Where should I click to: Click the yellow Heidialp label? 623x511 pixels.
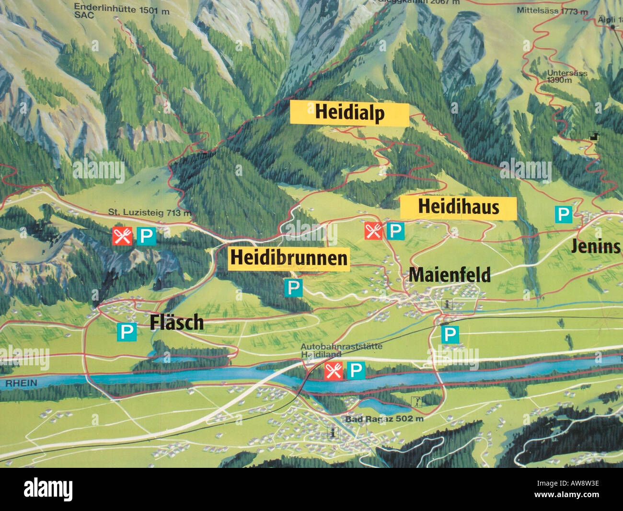(350, 113)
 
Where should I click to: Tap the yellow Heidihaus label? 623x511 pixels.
(459, 207)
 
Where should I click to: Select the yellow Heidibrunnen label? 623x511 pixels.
(288, 258)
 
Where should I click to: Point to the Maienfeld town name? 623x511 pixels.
(449, 275)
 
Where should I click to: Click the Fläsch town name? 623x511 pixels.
(176, 323)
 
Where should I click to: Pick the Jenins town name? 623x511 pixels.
(595, 246)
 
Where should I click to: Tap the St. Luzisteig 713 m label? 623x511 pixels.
(149, 212)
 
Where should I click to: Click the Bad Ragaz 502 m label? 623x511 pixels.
(384, 419)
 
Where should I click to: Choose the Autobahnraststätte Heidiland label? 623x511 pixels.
(341, 350)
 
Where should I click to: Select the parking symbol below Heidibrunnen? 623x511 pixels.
(293, 287)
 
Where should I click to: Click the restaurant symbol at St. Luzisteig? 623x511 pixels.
(122, 236)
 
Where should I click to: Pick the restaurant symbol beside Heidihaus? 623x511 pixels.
(373, 231)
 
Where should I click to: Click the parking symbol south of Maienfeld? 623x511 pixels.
(450, 334)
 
